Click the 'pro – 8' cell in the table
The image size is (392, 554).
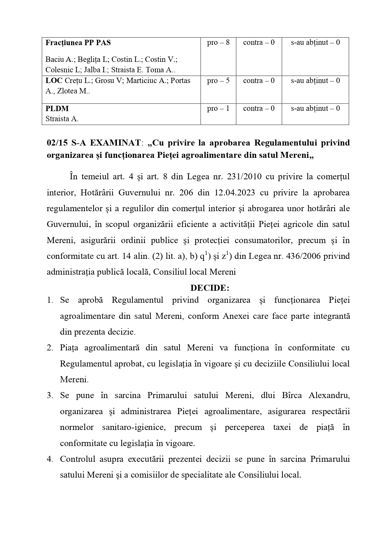218,43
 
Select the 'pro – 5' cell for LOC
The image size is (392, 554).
218,81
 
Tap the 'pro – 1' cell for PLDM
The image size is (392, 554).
218,109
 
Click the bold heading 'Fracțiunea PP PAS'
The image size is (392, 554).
78,43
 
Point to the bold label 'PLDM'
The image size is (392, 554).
57,109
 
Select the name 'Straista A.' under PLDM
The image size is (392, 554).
62,119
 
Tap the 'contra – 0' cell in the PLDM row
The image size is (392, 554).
259,109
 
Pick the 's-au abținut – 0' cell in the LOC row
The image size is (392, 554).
315,81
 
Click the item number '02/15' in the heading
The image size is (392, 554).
57,143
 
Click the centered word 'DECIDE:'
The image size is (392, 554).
210,288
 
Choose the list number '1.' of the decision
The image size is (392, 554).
50,300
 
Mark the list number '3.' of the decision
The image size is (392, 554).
50,396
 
